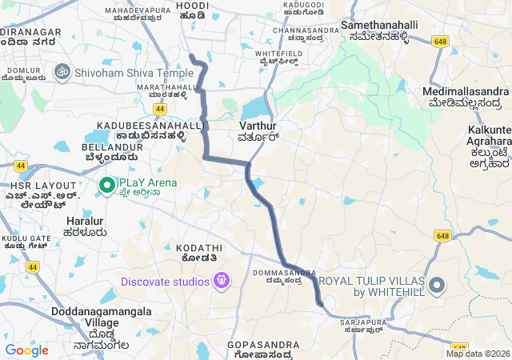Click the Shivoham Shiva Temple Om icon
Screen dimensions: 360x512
[61, 72]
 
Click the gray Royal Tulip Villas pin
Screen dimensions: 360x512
[437, 285]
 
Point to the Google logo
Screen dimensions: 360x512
[26, 350]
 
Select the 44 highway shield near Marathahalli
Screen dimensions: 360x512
[161, 108]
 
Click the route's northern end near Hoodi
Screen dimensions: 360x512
[190, 55]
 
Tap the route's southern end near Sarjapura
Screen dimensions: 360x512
[320, 303]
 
